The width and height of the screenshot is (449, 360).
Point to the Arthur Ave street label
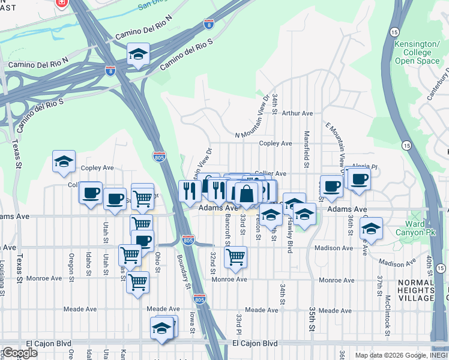298,113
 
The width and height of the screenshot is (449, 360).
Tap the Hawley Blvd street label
289,235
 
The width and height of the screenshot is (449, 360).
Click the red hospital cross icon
61,4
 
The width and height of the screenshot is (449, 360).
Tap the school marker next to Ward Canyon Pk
371,228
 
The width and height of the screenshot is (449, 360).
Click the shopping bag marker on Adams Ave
246,194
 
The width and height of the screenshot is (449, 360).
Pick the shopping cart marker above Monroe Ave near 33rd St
235,256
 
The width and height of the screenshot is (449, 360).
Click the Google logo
19,353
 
